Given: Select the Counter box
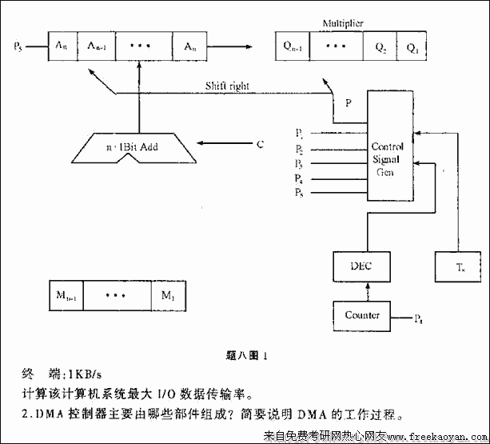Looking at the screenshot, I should point(362,314).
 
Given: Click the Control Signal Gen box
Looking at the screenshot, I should point(388,147).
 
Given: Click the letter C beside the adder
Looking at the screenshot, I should point(260,145).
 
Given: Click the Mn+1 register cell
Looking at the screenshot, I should point(66,296).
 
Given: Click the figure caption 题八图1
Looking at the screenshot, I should point(245,354).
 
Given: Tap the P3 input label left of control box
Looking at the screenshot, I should point(299,163).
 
